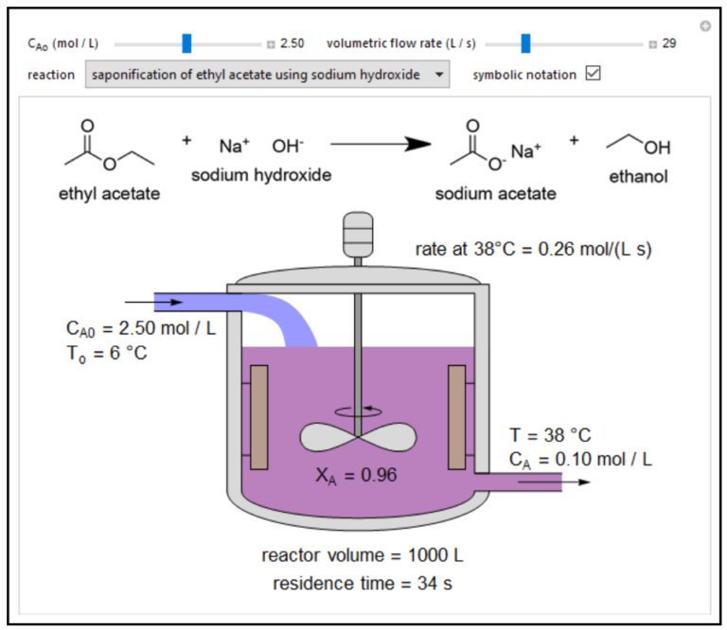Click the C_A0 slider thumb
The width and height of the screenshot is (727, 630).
pyautogui.click(x=186, y=44)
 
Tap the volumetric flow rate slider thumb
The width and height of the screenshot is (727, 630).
pyautogui.click(x=525, y=44)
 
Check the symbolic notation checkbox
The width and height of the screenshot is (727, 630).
pyautogui.click(x=594, y=74)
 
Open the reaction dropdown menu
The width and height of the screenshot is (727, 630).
pyautogui.click(x=267, y=74)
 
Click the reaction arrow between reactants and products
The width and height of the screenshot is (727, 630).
pyautogui.click(x=380, y=145)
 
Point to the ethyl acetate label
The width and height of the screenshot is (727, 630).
pyautogui.click(x=109, y=195)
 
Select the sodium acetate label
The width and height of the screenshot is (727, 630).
pyautogui.click(x=495, y=194)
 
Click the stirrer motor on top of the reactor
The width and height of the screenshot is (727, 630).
pyautogui.click(x=358, y=231)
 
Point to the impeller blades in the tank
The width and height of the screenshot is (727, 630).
pyautogui.click(x=358, y=436)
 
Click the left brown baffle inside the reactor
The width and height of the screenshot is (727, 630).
pyautogui.click(x=257, y=416)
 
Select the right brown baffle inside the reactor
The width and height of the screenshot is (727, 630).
pyautogui.click(x=459, y=416)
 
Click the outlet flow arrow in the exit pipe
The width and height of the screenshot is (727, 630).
pyautogui.click(x=568, y=481)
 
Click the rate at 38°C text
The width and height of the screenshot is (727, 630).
pyautogui.click(x=534, y=250)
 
